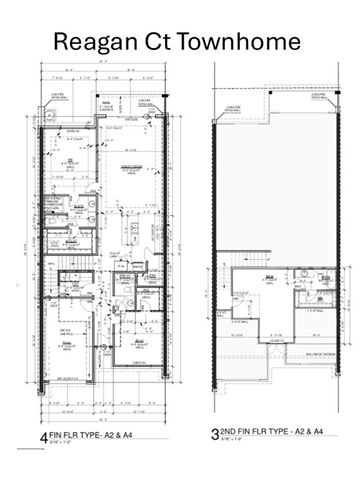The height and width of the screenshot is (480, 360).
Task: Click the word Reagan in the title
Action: click(97, 41)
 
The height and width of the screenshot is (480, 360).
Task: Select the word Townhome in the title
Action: click(242, 41)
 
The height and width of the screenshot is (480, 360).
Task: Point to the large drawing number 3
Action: click(215, 437)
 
